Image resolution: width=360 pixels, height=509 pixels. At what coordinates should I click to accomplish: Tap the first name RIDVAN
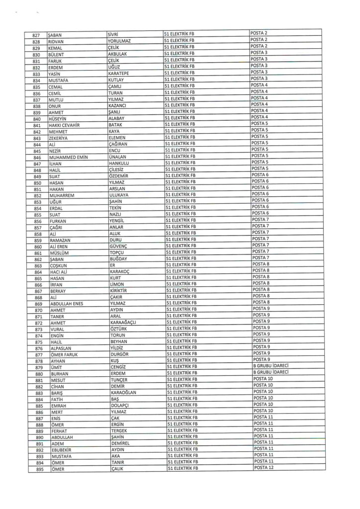56,41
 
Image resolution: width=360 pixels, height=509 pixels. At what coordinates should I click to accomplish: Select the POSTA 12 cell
263,468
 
